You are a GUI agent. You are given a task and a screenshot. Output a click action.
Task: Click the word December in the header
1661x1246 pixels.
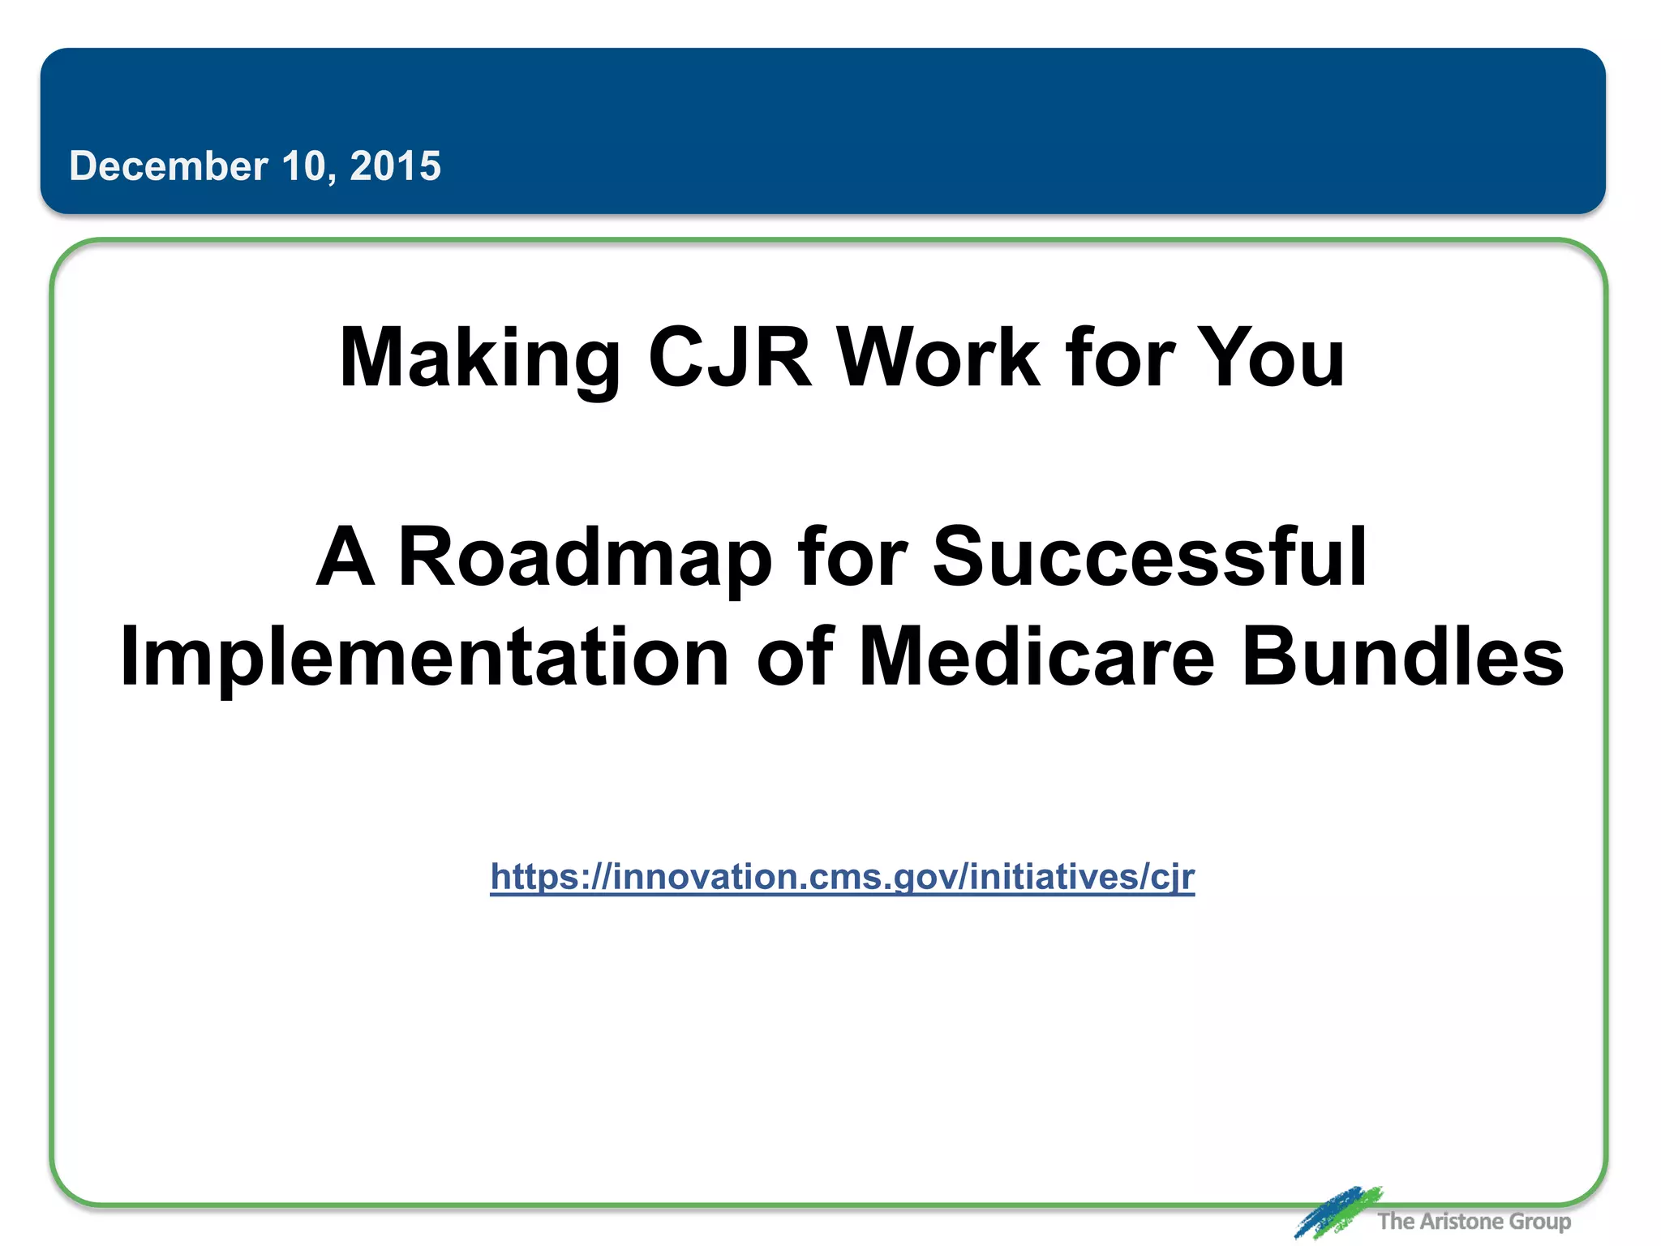point(168,166)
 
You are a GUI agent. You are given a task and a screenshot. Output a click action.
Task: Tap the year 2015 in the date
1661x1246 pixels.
point(395,166)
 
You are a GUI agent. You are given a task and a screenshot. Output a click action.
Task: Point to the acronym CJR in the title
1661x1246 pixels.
point(729,358)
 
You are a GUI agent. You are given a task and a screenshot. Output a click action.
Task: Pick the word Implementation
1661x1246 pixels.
point(424,657)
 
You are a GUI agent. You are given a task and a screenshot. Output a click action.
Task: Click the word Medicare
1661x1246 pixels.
point(1037,657)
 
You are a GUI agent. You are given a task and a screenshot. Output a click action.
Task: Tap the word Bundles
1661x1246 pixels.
point(1402,657)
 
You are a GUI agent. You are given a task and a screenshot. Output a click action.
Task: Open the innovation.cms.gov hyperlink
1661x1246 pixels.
point(842,877)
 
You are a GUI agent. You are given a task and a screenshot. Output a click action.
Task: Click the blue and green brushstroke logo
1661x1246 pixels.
point(1337,1211)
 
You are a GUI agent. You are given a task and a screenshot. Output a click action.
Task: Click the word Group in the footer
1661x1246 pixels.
point(1540,1222)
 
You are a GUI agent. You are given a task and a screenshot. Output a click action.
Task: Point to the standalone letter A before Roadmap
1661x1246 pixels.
point(346,558)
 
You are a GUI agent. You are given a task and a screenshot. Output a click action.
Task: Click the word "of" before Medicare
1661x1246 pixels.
point(794,657)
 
